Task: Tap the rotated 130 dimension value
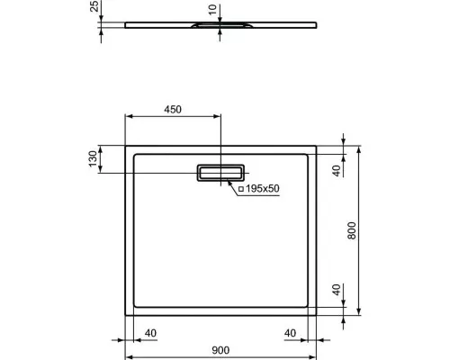91,159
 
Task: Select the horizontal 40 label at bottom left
150,333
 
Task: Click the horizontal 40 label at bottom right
290,333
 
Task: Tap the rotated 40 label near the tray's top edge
336,171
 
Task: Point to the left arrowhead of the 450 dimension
126,116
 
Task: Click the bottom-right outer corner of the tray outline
319,318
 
